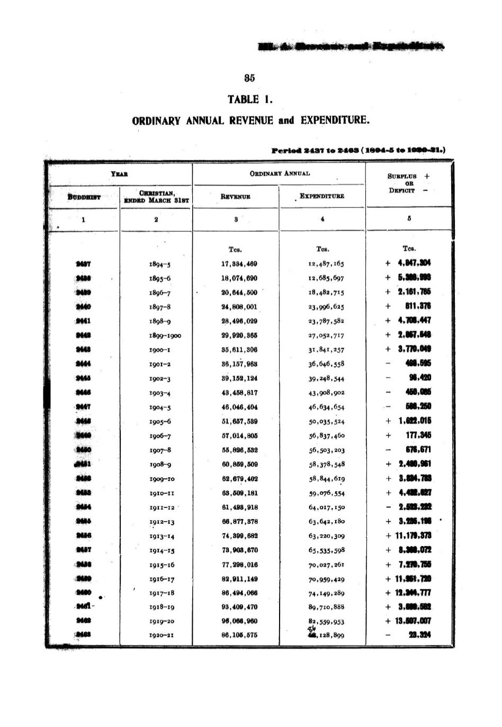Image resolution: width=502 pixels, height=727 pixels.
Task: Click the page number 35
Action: (x=249, y=78)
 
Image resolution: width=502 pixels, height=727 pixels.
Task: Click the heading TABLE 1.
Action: (x=250, y=99)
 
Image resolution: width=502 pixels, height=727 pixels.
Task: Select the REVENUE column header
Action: (x=236, y=196)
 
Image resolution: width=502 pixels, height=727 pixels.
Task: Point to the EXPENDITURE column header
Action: (x=322, y=196)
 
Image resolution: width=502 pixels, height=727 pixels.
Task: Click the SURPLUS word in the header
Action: (x=402, y=176)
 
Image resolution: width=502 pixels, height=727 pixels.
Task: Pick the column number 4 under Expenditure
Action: (x=322, y=219)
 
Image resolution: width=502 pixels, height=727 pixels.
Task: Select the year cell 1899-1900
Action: (x=165, y=335)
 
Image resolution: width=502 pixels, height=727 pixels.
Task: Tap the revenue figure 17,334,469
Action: (x=239, y=263)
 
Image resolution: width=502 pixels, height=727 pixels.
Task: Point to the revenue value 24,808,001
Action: (x=239, y=306)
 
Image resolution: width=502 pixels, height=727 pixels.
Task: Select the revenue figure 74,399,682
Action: (x=239, y=535)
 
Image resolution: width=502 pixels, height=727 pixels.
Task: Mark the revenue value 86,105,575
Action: (x=239, y=635)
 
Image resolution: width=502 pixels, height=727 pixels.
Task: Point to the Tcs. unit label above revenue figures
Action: (x=235, y=249)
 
